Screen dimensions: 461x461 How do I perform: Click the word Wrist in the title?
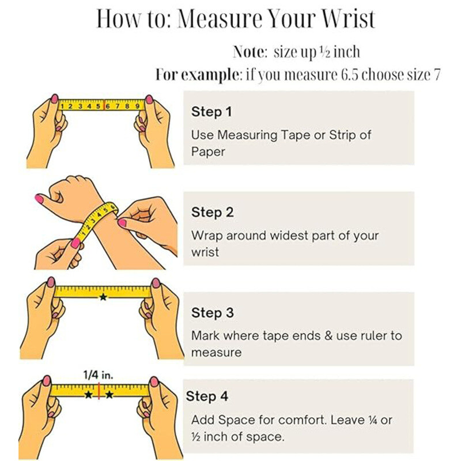pyautogui.click(x=349, y=19)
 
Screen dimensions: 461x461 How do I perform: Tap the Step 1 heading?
pyautogui.click(x=211, y=112)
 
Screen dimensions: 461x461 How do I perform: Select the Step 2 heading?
pyautogui.click(x=212, y=212)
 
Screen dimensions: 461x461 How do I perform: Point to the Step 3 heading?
pyautogui.click(x=212, y=313)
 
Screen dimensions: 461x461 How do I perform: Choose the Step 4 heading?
pyautogui.click(x=207, y=396)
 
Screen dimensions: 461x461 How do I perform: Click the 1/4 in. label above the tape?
pyautogui.click(x=98, y=375)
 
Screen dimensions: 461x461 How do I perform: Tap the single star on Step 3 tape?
pyautogui.click(x=103, y=297)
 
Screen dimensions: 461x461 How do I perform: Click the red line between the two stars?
pyautogui.click(x=99, y=391)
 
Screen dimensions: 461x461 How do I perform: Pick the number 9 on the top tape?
pyautogui.click(x=137, y=106)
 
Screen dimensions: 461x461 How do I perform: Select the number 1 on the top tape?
pyautogui.click(x=62, y=106)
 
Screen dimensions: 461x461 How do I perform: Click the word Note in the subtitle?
pyautogui.click(x=249, y=52)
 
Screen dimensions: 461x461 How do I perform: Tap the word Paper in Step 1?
pyautogui.click(x=208, y=152)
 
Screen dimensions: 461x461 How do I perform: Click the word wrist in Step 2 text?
pyautogui.click(x=205, y=252)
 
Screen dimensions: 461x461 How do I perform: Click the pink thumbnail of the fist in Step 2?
pyautogui.click(x=39, y=199)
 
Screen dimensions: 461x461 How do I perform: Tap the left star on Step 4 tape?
pyautogui.click(x=88, y=395)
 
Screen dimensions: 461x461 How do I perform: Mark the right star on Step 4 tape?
pyautogui.click(x=109, y=395)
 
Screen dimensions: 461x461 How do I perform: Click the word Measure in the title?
pyautogui.click(x=220, y=19)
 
